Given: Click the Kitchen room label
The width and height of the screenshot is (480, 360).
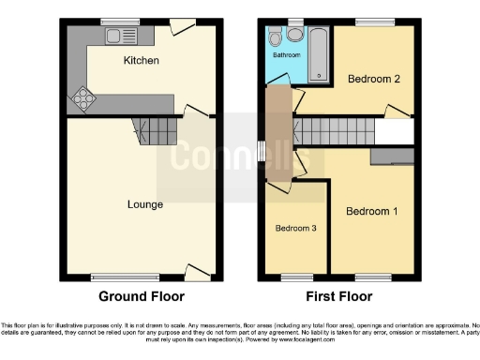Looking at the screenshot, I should click(142, 61).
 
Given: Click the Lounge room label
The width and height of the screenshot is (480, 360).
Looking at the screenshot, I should click(145, 204).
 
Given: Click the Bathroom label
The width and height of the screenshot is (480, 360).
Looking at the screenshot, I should click(287, 55).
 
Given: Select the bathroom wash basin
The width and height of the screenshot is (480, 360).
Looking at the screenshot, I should click(295, 35).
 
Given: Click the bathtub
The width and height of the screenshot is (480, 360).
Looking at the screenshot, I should click(320, 54).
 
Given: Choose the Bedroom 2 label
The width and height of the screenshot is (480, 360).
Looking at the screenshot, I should click(374, 80).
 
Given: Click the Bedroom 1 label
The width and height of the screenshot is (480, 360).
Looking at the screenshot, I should click(372, 212).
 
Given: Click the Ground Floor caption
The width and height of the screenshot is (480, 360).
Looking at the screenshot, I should click(142, 296).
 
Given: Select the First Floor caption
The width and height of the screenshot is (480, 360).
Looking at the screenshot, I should click(338, 296).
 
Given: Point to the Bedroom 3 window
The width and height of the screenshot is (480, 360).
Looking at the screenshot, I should click(298, 277).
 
